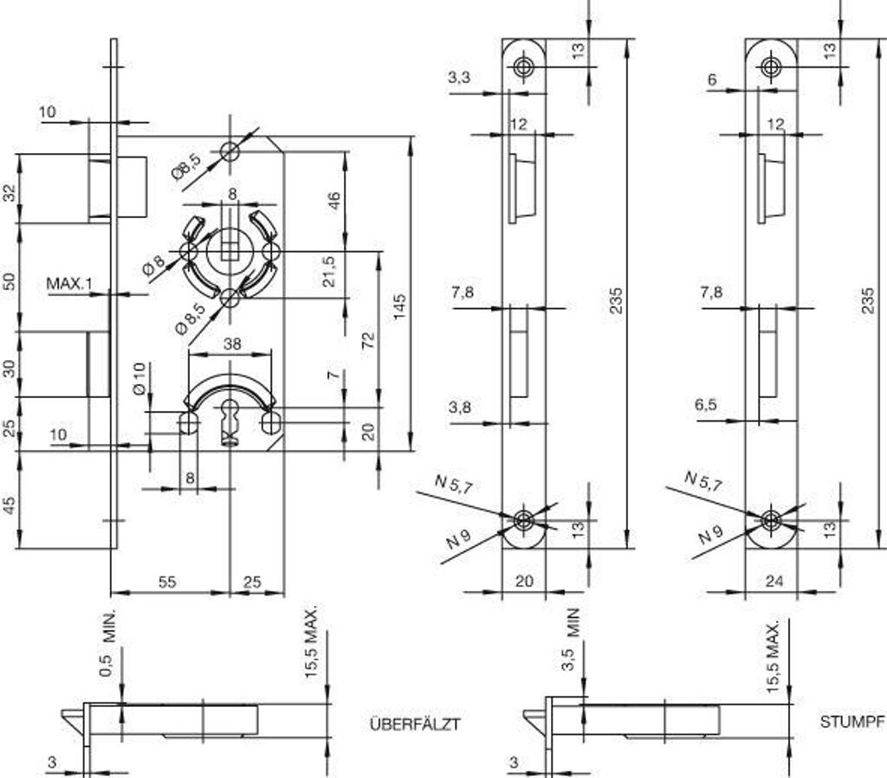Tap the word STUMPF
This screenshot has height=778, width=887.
[x=851, y=721]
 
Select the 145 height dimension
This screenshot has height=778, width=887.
[x=399, y=305]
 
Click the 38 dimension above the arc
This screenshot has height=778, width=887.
[x=232, y=344]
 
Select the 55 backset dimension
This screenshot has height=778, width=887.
[x=167, y=582]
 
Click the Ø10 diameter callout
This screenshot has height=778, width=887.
[x=138, y=380]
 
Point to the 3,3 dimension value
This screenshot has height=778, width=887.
[x=459, y=78]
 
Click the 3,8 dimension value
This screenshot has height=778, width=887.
[x=460, y=408]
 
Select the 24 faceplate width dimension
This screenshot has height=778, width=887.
[x=774, y=582]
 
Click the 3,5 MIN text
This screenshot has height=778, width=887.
[x=571, y=640]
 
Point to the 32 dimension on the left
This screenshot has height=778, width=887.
[x=10, y=193]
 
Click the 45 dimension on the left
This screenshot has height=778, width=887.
[x=10, y=505]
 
